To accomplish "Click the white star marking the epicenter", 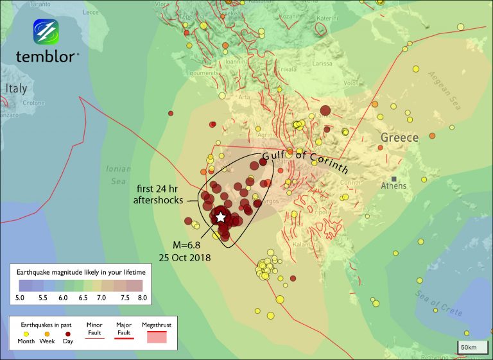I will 221,217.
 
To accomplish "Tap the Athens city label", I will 394,186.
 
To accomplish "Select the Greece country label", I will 399,137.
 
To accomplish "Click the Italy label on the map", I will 16,89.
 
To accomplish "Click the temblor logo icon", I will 46,32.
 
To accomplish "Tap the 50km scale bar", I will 468,347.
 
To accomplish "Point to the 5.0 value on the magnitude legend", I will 21,298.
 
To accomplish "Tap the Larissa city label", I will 322,64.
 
